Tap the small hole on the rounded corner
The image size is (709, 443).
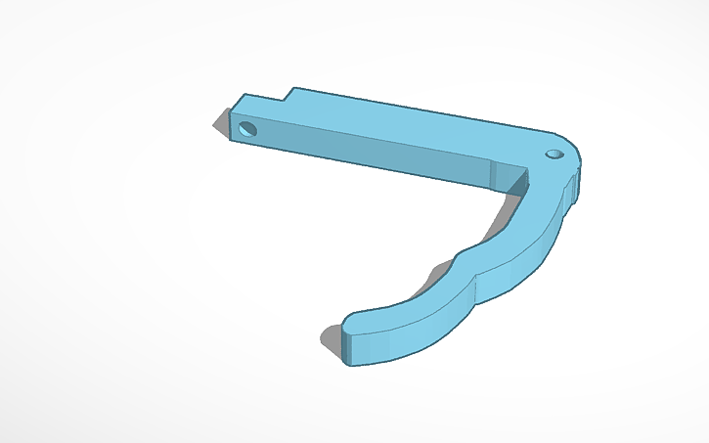tap(554, 154)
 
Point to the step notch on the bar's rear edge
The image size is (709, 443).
tap(291, 94)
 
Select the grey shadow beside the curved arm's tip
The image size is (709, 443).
tap(330, 337)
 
